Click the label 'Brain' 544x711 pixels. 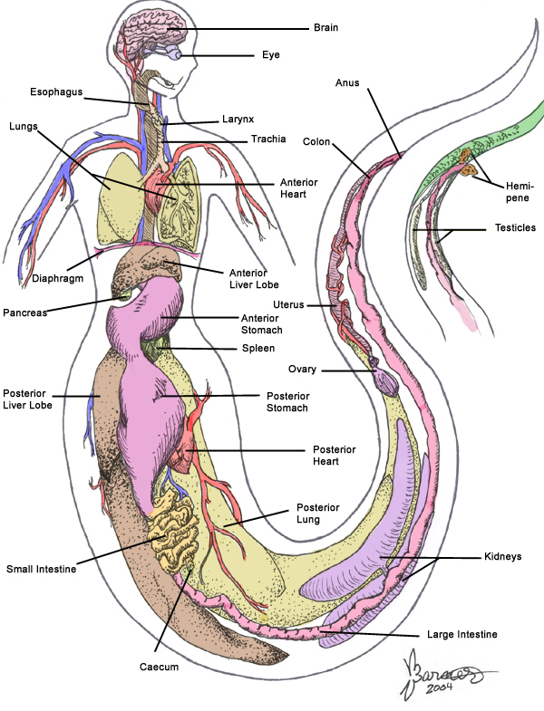click(325, 28)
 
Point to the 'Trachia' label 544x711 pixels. click(267, 139)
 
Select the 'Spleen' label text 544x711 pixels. click(257, 348)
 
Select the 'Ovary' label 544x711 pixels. click(303, 370)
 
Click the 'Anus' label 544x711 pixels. click(347, 83)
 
